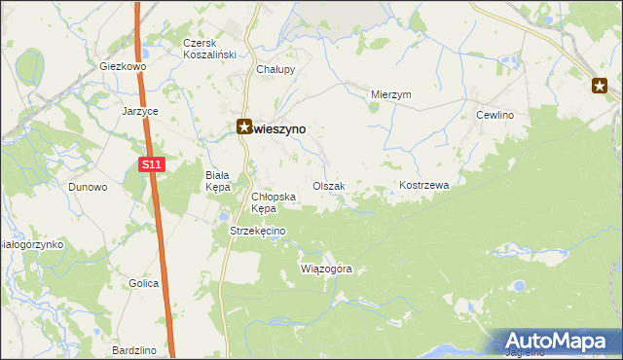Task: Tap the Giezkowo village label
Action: point(122,67)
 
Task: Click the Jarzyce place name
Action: point(140,111)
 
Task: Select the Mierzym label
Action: point(392,94)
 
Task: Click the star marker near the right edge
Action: point(600,87)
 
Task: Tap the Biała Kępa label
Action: point(216,181)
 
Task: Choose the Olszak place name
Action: point(328,185)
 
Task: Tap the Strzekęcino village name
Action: point(256,231)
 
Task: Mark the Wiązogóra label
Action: point(326,268)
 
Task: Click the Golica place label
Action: point(143,283)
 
